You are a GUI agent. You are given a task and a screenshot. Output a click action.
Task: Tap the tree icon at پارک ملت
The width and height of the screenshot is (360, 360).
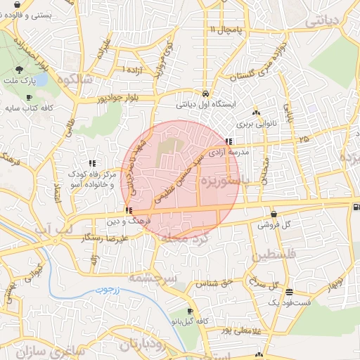pos(19,70)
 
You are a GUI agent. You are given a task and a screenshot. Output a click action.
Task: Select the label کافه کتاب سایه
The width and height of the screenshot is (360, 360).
pos(29,109)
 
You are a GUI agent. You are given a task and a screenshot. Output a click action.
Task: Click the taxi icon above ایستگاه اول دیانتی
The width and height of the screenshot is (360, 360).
pos(205,94)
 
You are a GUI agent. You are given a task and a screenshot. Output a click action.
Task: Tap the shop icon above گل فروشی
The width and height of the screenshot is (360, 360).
pos(274,214)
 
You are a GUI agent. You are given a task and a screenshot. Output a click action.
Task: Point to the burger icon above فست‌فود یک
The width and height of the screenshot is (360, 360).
pos(290,291)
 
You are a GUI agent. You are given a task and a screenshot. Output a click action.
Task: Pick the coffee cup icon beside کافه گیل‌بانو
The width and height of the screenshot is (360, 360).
pos(190,311)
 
